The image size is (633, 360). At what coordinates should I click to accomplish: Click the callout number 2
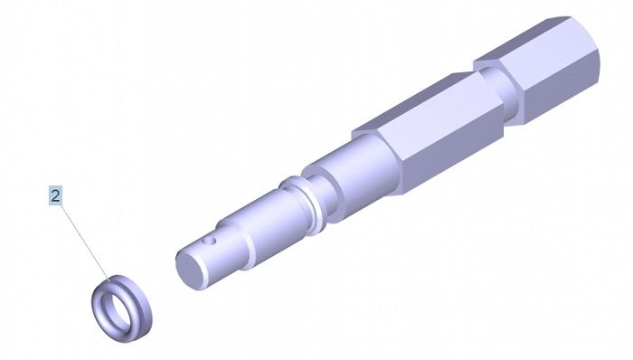click(x=55, y=195)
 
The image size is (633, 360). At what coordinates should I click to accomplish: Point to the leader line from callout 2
click(x=85, y=242)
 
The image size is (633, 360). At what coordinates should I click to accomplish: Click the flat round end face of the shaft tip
click(x=191, y=268)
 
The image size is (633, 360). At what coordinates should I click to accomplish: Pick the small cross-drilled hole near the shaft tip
click(x=209, y=242)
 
